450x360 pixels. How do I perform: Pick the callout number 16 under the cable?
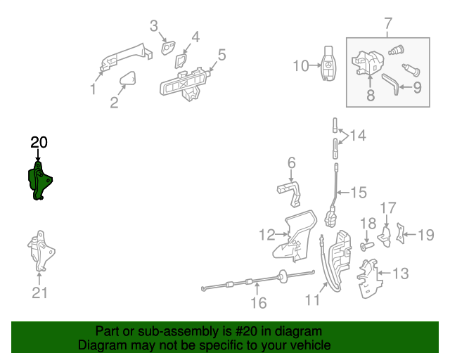(x=259, y=303)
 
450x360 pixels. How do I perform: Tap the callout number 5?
(x=221, y=54)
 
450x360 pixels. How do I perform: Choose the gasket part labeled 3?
(x=169, y=48)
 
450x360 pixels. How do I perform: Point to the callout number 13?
(x=399, y=273)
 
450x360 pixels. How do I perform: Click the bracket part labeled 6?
(x=289, y=191)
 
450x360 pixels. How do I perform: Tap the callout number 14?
(x=358, y=135)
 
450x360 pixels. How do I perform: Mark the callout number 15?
(x=358, y=192)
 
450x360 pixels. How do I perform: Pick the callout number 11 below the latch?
(x=311, y=300)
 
